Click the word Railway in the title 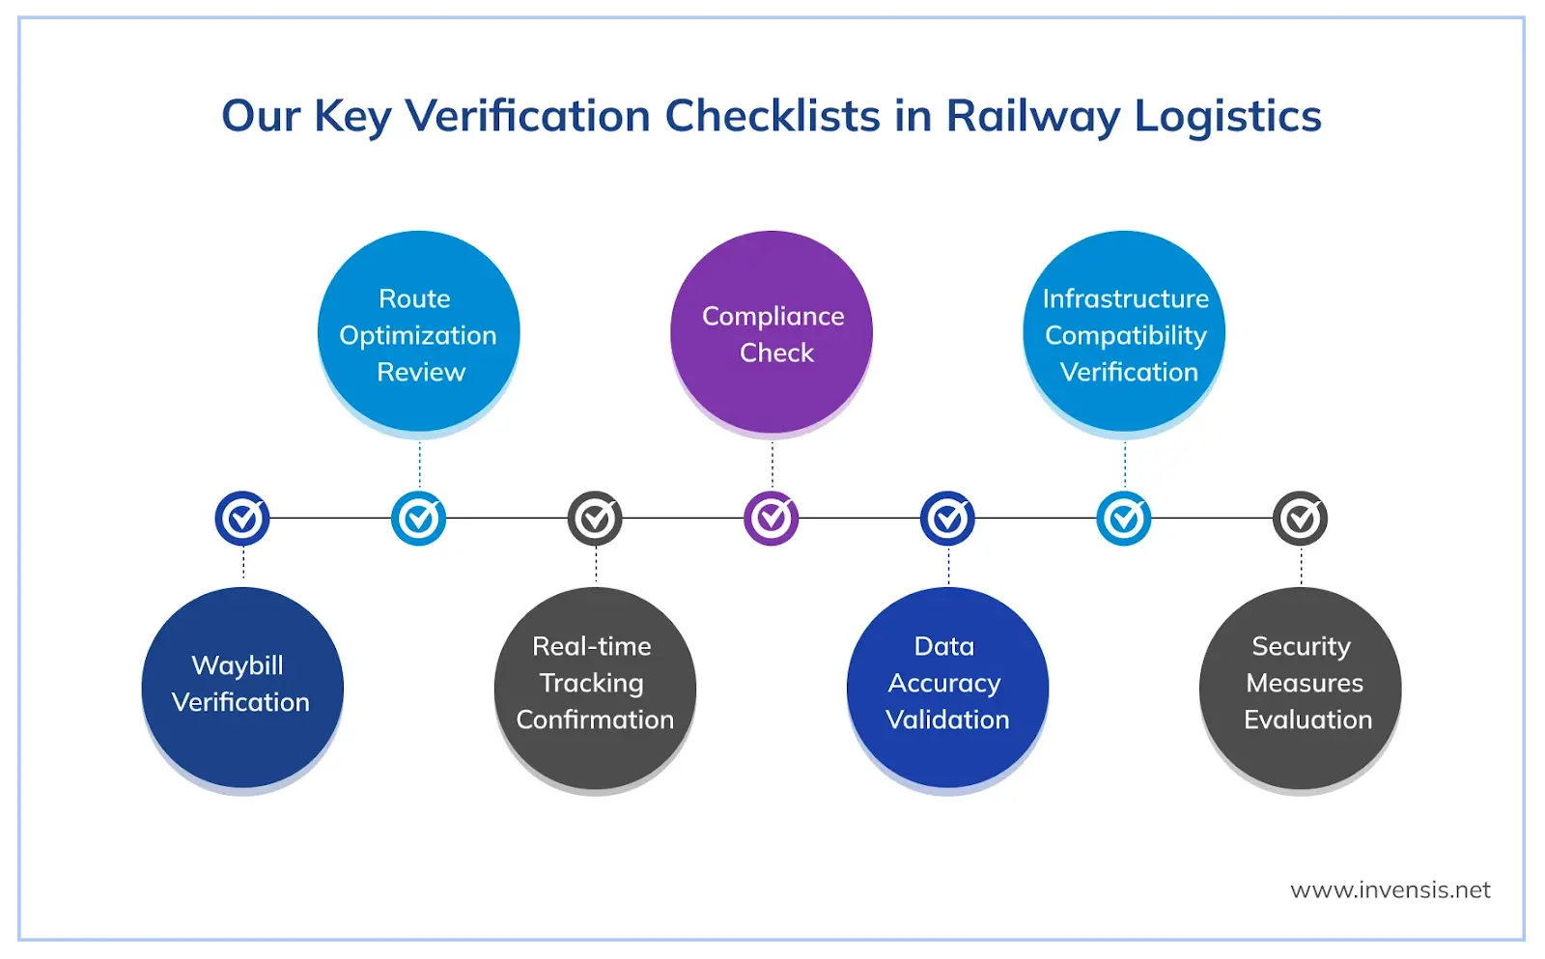pyautogui.click(x=1032, y=117)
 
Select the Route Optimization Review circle pyautogui.click(x=418, y=332)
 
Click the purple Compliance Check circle pyautogui.click(x=772, y=332)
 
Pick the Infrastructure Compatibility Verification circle pyautogui.click(x=1124, y=332)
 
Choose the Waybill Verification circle pyautogui.click(x=242, y=687)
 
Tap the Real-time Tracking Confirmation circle pyautogui.click(x=595, y=687)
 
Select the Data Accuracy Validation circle pyautogui.click(x=947, y=687)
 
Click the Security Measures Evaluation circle pyautogui.click(x=1300, y=687)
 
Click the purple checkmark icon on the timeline pyautogui.click(x=772, y=519)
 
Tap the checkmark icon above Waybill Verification pyautogui.click(x=242, y=519)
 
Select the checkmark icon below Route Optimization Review pyautogui.click(x=418, y=519)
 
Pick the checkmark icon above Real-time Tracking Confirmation pyautogui.click(x=595, y=519)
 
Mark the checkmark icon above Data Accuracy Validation pyautogui.click(x=947, y=519)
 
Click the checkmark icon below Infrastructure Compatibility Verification pyautogui.click(x=1124, y=519)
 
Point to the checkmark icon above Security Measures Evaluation pyautogui.click(x=1300, y=519)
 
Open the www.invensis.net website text pyautogui.click(x=1390, y=889)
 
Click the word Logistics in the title pyautogui.click(x=1227, y=117)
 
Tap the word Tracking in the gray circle pyautogui.click(x=591, y=683)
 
